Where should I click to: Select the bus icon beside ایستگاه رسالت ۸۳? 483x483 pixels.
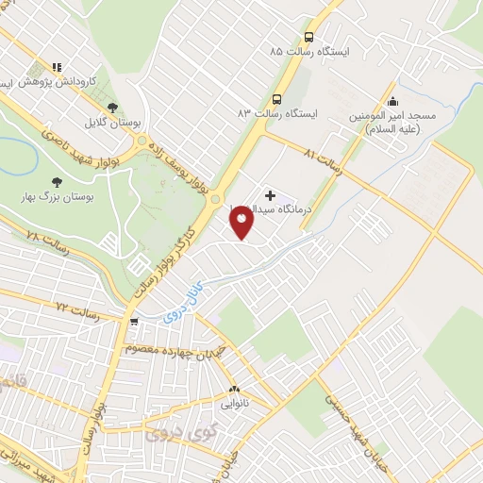pyautogui.click(x=277, y=98)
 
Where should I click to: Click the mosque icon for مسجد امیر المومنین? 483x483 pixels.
pyautogui.click(x=392, y=101)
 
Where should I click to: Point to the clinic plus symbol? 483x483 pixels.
pyautogui.click(x=270, y=195)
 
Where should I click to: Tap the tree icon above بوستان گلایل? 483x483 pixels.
pyautogui.click(x=113, y=108)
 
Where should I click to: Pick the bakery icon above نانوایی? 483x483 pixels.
pyautogui.click(x=234, y=388)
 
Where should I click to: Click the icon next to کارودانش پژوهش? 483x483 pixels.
pyautogui.click(x=57, y=68)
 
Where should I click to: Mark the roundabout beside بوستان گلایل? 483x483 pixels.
pyautogui.click(x=142, y=142)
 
